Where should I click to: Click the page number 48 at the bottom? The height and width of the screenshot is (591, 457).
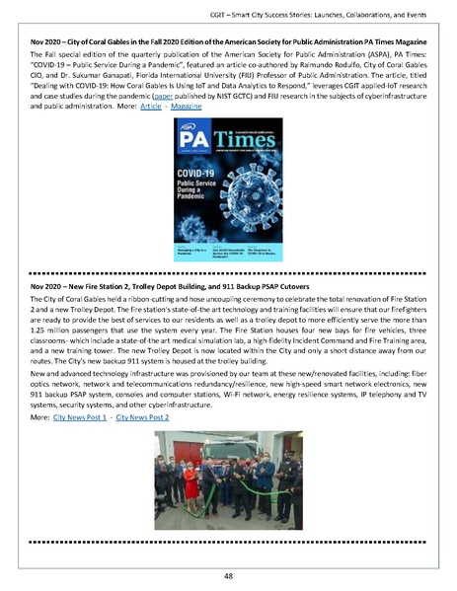click(228, 574)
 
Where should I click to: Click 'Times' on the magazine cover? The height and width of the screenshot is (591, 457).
click(246, 164)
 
